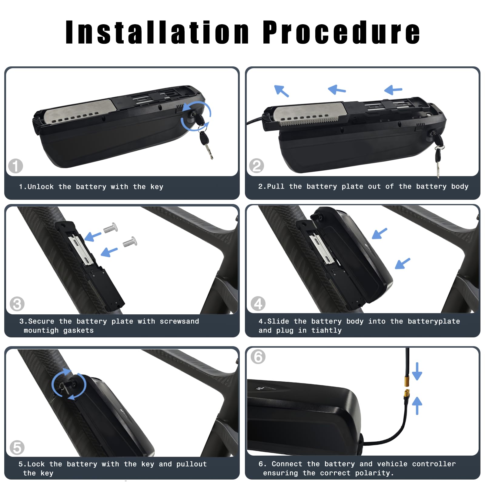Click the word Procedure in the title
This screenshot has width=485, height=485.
(341, 32)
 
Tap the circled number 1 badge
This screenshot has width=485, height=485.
(15, 166)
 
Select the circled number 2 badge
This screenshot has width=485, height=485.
(256, 166)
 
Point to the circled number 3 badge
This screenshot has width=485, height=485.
(17, 304)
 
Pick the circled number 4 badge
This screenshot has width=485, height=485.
(258, 304)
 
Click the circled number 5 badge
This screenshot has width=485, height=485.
(17, 448)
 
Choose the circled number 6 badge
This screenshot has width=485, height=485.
(258, 357)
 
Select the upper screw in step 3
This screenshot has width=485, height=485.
(111, 228)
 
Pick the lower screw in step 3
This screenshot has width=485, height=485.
(130, 242)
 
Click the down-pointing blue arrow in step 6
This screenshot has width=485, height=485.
(417, 371)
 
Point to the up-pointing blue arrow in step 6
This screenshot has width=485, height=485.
(417, 406)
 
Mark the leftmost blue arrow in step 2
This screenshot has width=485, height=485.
(281, 91)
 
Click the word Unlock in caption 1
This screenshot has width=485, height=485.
(41, 187)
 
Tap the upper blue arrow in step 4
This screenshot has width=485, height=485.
(380, 233)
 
